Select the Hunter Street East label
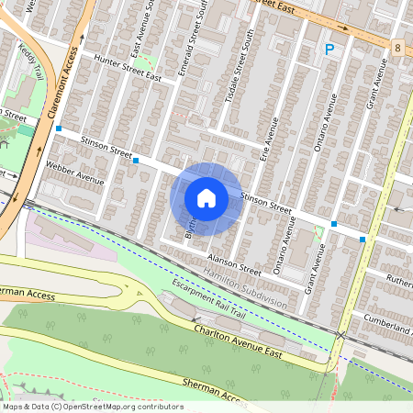pos(129,73)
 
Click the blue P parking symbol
pos(328,50)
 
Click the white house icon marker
pos(206,197)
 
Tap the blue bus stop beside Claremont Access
pos(58,129)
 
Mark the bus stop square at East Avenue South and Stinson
pos(136,160)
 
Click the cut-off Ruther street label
pos(398,280)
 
